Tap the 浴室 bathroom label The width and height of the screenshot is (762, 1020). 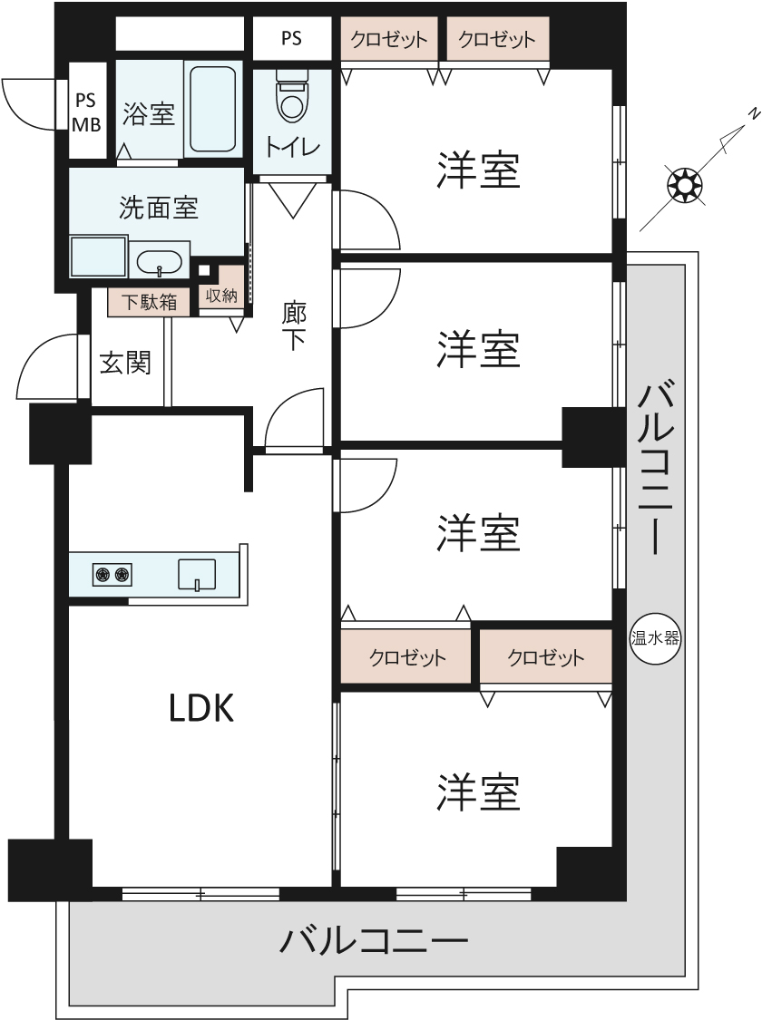click(x=148, y=114)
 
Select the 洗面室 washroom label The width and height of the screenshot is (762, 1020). click(x=159, y=209)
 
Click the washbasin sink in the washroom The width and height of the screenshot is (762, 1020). click(x=160, y=264)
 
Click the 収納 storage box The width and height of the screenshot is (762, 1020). click(x=221, y=296)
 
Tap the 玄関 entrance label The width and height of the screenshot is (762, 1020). click(x=125, y=363)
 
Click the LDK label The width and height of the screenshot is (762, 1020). click(x=201, y=708)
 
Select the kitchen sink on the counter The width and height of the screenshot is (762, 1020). click(x=197, y=574)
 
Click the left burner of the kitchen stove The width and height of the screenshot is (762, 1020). click(x=101, y=573)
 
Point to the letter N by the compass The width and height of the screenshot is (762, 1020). click(x=753, y=113)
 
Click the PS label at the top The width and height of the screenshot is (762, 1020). click(x=291, y=39)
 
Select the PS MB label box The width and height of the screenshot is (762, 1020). click(x=87, y=112)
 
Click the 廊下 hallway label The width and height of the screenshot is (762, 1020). click(x=294, y=327)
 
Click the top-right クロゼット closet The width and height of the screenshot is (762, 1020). click(x=497, y=40)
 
